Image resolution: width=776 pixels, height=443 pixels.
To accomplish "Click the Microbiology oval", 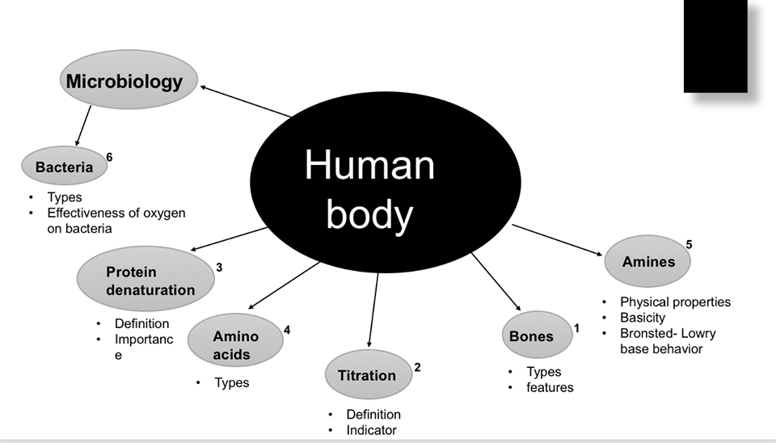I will pos(129,81).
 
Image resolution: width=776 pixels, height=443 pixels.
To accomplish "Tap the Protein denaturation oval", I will pos(146,280).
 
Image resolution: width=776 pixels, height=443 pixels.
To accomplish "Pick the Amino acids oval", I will pos(235,344).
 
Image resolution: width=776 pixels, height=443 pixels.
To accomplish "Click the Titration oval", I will pos(367,375).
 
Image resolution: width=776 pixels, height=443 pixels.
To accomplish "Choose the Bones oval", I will pos(532,336).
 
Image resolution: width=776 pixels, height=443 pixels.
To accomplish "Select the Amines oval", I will pos(648,261).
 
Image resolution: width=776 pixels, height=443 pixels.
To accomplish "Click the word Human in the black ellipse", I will pos(369,166).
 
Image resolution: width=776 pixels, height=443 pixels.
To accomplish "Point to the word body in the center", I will pos(369,214).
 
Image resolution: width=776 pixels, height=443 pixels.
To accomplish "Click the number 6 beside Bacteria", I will pos(109,157).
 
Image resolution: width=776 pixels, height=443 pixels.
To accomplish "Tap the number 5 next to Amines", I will pos(689,243).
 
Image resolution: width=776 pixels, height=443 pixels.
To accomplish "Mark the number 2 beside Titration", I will pos(417,368).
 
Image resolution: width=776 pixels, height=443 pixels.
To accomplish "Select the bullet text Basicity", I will pos(643,318).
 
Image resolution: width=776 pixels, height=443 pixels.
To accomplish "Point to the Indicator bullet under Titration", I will pos(371,430).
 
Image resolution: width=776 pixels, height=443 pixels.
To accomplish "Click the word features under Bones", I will pos(550,387).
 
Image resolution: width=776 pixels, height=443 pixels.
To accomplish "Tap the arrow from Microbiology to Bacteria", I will pos(82,127).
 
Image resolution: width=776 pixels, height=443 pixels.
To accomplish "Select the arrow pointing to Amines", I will pos(558,240).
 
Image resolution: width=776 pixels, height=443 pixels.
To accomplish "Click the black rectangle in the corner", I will pos(715,46).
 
